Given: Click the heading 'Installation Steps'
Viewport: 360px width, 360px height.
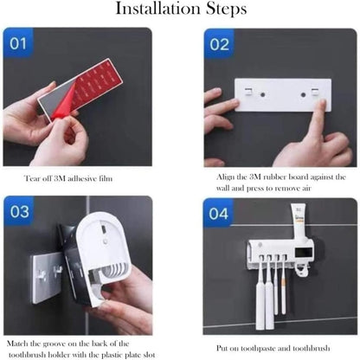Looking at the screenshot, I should [x=180, y=11].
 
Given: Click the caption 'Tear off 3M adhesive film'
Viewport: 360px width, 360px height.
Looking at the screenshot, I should [x=71, y=179].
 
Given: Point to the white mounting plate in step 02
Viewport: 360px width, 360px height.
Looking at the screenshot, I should [x=281, y=96].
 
